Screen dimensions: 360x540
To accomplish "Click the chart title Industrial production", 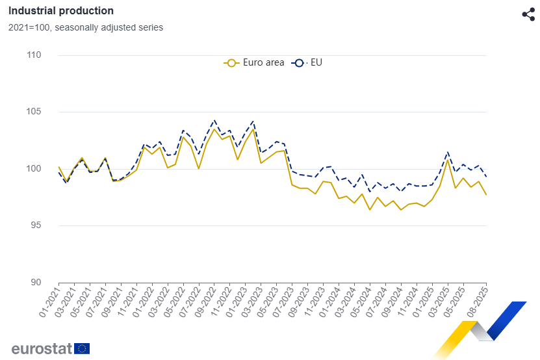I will (61, 11).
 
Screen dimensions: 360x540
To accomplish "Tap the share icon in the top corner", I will (528, 14).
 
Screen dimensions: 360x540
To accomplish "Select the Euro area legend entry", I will (254, 63).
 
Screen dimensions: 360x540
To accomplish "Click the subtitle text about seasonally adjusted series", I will (85, 27).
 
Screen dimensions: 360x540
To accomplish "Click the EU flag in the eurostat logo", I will (82, 348).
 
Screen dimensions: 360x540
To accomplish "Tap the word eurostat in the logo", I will (41, 348).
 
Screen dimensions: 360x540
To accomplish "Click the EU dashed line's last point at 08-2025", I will (487, 177).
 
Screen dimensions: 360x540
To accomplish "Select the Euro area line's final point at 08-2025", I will (487, 195).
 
